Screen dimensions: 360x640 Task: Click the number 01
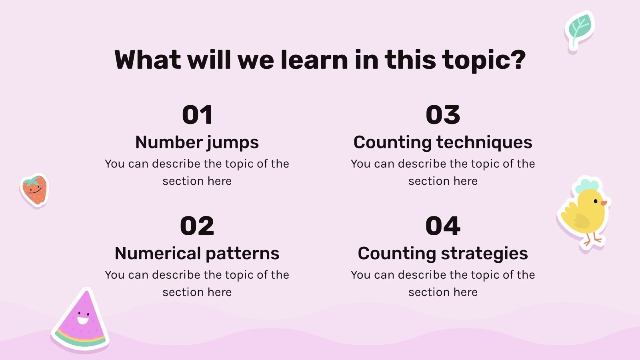point(197,115)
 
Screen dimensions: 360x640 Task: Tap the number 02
point(197,226)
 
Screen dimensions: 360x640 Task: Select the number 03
point(443,115)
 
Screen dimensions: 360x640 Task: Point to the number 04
point(443,226)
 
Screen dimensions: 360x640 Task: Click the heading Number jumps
point(197,142)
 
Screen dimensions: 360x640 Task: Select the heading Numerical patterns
point(197,254)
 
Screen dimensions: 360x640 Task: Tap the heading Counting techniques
point(443,142)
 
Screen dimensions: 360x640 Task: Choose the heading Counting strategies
point(443,254)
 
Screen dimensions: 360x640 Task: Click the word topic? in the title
point(484,60)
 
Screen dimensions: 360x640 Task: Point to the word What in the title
point(148,60)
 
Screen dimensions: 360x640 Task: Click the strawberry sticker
point(34,190)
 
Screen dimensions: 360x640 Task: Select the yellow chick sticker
point(584,212)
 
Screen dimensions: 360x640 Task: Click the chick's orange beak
point(604,203)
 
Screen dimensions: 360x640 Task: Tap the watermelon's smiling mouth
point(83,320)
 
